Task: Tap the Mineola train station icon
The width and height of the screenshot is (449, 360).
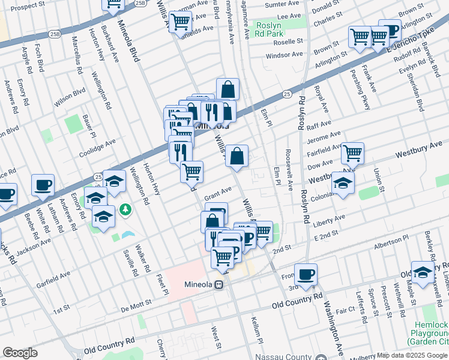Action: click(220, 286)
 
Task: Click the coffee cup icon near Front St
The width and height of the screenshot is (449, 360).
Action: click(306, 274)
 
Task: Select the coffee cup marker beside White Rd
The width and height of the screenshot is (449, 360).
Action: click(43, 185)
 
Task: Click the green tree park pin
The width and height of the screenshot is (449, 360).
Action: click(125, 210)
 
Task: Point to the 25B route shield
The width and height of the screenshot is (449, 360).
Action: click(140, 3)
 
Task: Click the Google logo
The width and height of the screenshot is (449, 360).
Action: click(20, 352)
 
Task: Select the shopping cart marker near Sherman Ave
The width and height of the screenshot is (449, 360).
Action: click(180, 22)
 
